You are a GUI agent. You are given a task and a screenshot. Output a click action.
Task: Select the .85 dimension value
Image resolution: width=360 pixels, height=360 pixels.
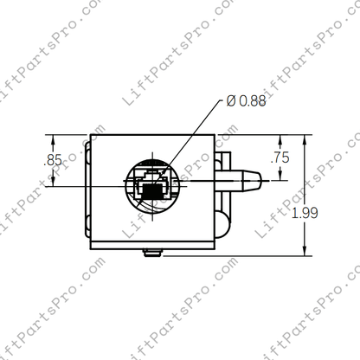[53, 159]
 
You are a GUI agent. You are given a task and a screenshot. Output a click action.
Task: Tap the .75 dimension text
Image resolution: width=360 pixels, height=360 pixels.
[280, 157]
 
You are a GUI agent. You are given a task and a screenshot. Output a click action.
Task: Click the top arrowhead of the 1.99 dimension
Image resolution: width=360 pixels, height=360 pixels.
[304, 138]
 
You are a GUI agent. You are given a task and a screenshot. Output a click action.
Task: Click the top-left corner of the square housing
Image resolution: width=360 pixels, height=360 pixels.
[92, 136]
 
